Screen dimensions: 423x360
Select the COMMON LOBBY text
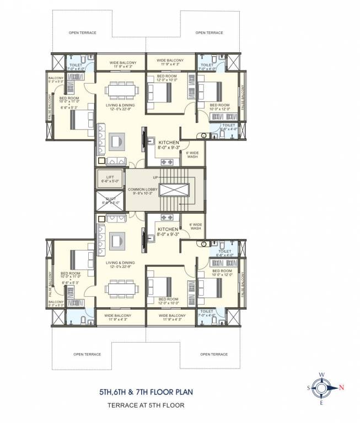(x=143, y=189)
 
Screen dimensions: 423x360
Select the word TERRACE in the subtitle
(x=115, y=405)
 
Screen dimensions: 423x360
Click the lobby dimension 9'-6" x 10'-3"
(x=143, y=194)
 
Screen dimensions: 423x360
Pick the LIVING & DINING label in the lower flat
(x=120, y=263)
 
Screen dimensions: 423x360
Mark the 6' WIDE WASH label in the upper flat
(x=191, y=154)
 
